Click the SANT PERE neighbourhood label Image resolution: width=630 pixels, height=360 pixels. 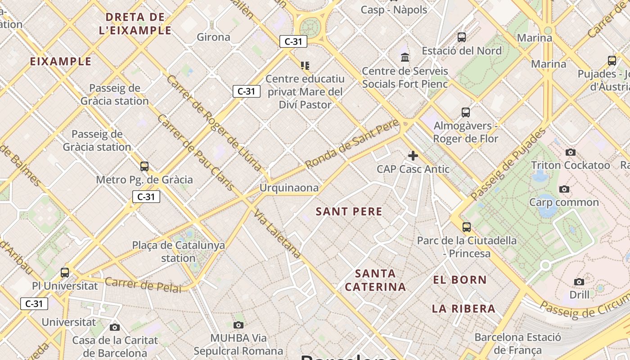pos(349,211)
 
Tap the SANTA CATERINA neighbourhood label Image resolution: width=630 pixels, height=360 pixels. pos(375,280)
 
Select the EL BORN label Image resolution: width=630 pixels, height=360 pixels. pos(460,280)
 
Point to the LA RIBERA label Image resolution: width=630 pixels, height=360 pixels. pos(463,309)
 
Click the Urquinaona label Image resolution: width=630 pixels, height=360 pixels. pos(289,188)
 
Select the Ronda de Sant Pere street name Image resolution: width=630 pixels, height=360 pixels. pos(352,144)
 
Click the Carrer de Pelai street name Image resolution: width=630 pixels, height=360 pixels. pos(143,285)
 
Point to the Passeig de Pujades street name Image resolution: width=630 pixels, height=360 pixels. pos(508,164)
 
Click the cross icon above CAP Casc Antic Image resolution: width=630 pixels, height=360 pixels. pos(413,156)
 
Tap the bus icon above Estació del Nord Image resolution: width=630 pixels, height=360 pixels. pos(462,37)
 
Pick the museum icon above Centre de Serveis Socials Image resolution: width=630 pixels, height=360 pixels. pos(405,58)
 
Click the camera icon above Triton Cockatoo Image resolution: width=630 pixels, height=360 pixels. pos(571,152)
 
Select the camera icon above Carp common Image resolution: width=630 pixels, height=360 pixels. pos(564,189)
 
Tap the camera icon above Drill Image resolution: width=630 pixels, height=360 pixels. pos(579,282)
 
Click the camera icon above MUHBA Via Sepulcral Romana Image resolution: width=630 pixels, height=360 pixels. pos(238,325)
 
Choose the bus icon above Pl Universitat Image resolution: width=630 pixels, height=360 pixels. pos(65,272)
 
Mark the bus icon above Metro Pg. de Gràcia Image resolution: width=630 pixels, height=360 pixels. pos(144,166)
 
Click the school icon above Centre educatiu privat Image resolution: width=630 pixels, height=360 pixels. pos(305,66)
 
